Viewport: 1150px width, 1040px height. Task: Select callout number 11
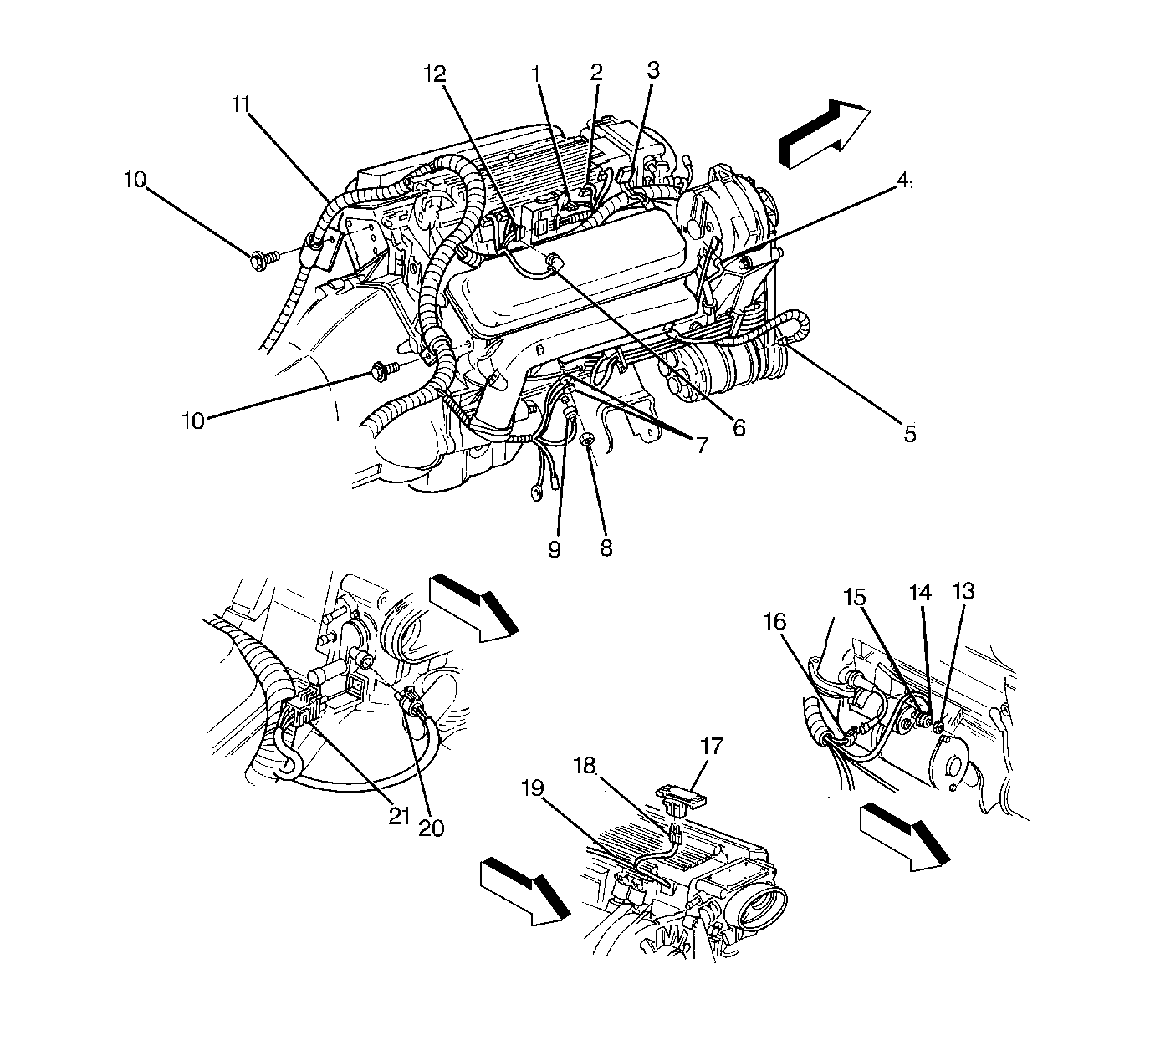click(x=242, y=105)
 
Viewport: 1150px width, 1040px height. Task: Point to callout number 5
click(x=910, y=434)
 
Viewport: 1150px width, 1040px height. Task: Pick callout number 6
click(x=739, y=427)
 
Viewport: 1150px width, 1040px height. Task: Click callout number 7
click(x=703, y=444)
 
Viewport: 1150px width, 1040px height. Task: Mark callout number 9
click(x=555, y=549)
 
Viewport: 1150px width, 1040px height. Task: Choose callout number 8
click(x=606, y=548)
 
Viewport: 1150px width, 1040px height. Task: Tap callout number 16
click(x=775, y=621)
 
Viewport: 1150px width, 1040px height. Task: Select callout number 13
click(x=963, y=591)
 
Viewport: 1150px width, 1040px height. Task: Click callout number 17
click(x=711, y=747)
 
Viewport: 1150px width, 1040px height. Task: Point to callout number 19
click(x=532, y=788)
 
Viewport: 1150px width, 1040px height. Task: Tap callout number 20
click(x=431, y=828)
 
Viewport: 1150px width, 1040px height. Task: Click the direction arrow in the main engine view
click(x=825, y=133)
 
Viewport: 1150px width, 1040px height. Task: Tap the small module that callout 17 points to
click(x=682, y=794)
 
